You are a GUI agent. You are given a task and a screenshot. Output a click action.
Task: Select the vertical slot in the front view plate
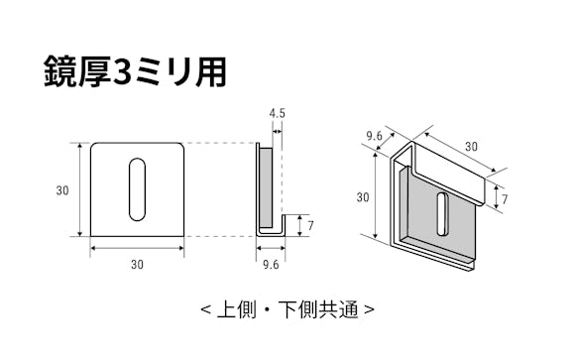pyautogui.click(x=137, y=188)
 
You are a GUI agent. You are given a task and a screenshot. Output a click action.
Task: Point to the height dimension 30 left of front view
pyautogui.click(x=62, y=190)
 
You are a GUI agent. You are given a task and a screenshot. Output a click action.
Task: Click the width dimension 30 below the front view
pyautogui.click(x=137, y=264)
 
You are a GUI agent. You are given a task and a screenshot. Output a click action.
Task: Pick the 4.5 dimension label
pyautogui.click(x=277, y=114)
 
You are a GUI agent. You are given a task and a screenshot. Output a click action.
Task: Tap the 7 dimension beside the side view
pyautogui.click(x=309, y=225)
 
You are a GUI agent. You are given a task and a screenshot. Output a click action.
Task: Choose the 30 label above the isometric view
pyautogui.click(x=470, y=146)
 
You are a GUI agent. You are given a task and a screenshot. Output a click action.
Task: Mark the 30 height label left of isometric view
pyautogui.click(x=362, y=197)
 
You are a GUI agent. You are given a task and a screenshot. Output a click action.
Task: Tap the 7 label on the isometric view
pyautogui.click(x=505, y=199)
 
